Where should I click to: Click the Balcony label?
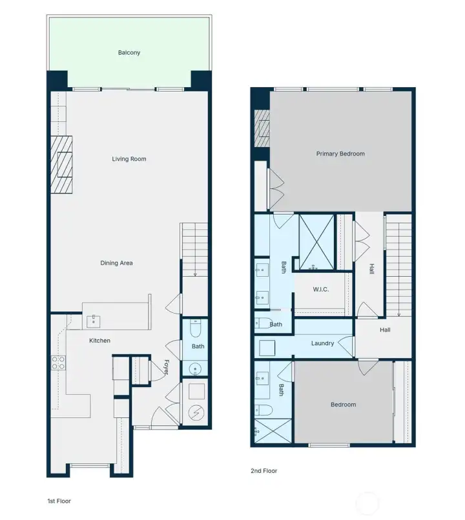click(x=129, y=52)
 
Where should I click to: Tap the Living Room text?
click(x=129, y=159)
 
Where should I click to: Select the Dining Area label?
click(x=117, y=263)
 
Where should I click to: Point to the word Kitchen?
click(x=99, y=341)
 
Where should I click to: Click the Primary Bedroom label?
click(x=340, y=154)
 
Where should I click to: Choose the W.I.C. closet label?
click(x=320, y=290)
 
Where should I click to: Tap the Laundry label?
click(x=322, y=343)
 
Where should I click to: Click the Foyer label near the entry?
click(x=166, y=368)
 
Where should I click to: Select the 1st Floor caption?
click(x=59, y=501)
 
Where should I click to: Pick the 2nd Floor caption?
click(x=263, y=471)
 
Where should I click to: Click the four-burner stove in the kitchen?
click(x=58, y=363)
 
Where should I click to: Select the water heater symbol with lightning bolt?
click(x=196, y=412)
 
